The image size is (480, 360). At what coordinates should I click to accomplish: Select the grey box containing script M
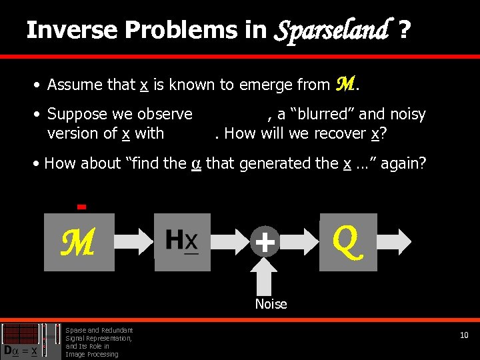tap(79, 242)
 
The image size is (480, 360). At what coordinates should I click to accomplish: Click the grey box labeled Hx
tap(182, 241)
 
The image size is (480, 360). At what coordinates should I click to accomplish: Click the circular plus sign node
tap(265, 242)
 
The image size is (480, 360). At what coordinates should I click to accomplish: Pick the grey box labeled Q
tap(348, 241)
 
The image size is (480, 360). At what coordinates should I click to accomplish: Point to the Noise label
tap(271, 304)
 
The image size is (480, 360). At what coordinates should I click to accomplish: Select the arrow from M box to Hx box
tap(134, 242)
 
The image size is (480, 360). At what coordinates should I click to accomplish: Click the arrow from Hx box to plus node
tap(229, 242)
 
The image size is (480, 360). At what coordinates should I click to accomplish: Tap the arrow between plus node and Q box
tap(299, 242)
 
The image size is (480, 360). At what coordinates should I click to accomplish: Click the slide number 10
tap(464, 335)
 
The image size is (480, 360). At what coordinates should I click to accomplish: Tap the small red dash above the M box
tap(81, 207)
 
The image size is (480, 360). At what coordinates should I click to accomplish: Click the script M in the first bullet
tap(345, 84)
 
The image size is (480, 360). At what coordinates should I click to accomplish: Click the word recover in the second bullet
tap(339, 133)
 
